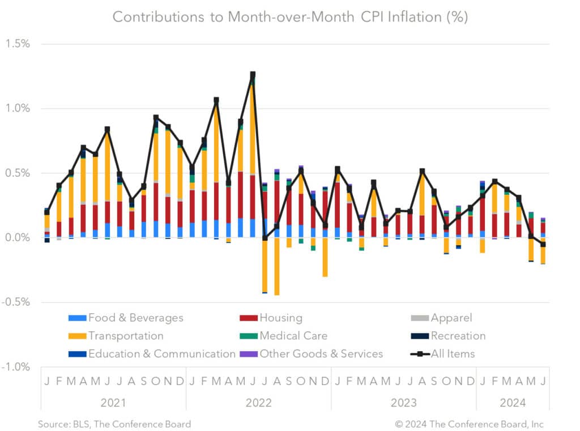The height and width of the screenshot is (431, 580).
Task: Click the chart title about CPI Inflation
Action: point(290,16)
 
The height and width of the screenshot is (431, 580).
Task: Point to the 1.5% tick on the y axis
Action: point(18,44)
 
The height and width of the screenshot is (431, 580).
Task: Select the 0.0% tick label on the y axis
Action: point(18,238)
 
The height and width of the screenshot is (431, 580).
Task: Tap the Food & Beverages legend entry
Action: point(126,318)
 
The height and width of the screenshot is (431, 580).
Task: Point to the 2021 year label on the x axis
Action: point(113,403)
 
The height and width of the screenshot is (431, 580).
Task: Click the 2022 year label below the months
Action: point(258,403)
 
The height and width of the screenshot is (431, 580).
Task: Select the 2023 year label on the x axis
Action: point(403,403)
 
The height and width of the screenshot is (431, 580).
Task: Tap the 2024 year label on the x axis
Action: point(512,403)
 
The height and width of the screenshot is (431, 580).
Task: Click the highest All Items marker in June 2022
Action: point(253,75)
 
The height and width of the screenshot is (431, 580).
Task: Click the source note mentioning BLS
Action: point(114,424)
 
